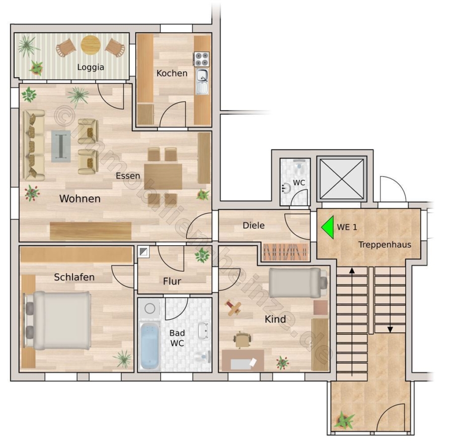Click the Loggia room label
tap(91, 67)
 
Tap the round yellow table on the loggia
tap(91, 45)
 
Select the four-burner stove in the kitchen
tap(201, 59)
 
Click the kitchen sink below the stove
tap(202, 81)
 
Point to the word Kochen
tap(172, 73)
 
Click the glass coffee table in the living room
tap(61, 146)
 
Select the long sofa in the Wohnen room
tap(34, 145)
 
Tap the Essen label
tap(128, 176)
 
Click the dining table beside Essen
tap(163, 177)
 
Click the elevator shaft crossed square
tap(342, 179)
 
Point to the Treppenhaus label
tap(385, 245)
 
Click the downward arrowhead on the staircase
tap(390, 329)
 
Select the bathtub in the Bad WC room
tap(149, 346)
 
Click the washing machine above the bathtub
tap(149, 309)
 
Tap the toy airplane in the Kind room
tap(234, 308)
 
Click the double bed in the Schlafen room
tap(57, 320)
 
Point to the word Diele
tap(254, 226)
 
